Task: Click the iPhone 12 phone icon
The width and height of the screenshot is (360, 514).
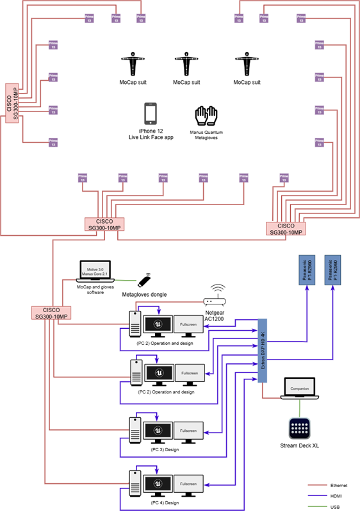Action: (x=151, y=113)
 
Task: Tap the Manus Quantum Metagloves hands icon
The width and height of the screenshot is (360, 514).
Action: (x=207, y=115)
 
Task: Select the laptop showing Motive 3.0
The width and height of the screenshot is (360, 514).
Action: (x=95, y=271)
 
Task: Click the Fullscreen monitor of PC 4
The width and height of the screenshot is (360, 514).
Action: (x=188, y=485)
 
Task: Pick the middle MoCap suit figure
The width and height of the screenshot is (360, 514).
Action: (x=187, y=66)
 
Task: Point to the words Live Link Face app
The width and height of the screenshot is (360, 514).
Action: (x=151, y=138)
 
